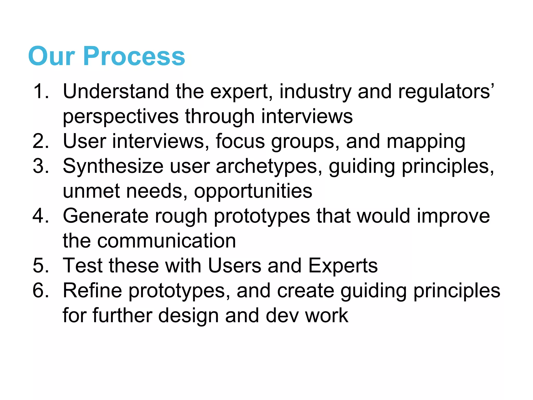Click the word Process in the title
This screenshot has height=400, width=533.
(134, 56)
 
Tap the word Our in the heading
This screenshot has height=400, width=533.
(52, 56)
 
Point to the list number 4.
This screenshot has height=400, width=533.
(41, 216)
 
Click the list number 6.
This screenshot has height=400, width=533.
(41, 291)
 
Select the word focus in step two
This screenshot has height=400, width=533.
(240, 141)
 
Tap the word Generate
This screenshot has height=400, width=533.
(106, 216)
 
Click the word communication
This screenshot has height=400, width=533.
(167, 241)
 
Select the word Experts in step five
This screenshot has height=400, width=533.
(343, 266)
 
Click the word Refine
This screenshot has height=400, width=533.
(92, 291)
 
